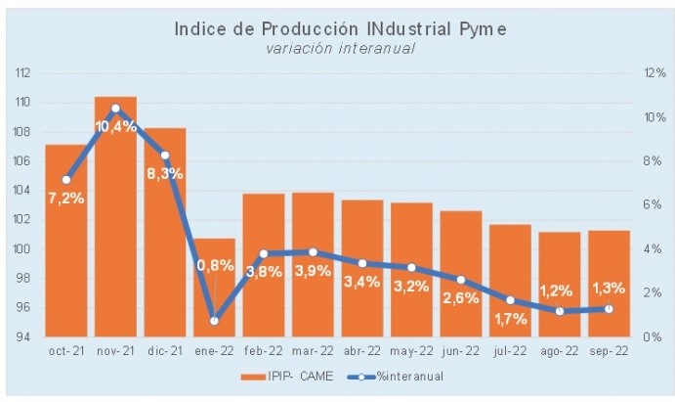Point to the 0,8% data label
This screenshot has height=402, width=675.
[x=215, y=264]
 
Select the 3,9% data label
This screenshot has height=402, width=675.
[x=313, y=271]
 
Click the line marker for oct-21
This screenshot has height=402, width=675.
[x=66, y=180]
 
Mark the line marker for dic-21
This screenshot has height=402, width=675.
[x=165, y=156]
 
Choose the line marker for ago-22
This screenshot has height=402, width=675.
[x=559, y=311]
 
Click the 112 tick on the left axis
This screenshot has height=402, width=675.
[x=23, y=73]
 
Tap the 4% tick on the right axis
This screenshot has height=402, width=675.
[x=652, y=249]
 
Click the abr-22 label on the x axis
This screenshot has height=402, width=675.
[x=361, y=350]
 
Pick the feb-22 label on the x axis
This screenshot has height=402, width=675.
[x=264, y=350]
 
